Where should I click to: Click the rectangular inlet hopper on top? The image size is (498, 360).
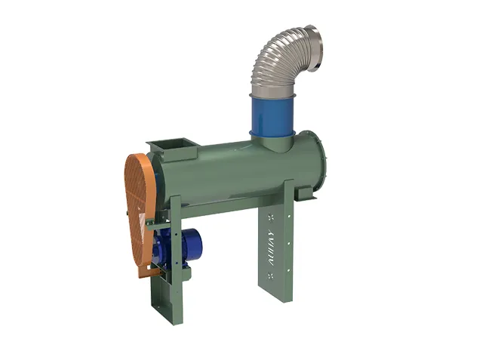point(172,148)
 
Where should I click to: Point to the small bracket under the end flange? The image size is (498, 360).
point(305,195)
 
